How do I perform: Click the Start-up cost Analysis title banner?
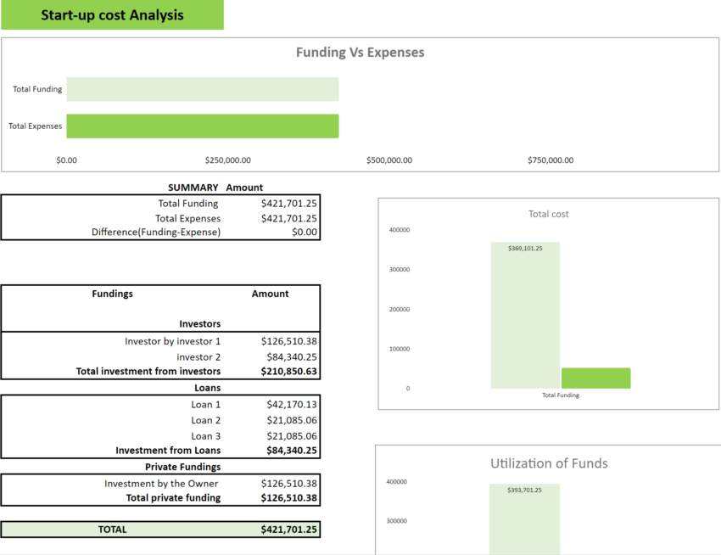tap(112, 15)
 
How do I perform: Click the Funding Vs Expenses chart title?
tap(360, 53)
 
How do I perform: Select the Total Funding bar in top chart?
tap(202, 89)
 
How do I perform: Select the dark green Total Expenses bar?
tap(202, 126)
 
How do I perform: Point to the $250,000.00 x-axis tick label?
tap(228, 160)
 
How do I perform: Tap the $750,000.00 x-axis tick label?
tap(550, 160)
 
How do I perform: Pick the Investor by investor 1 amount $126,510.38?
tap(289, 340)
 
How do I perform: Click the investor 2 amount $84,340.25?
tap(289, 357)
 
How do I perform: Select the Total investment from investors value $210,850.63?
tap(289, 372)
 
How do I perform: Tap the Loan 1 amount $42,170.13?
tap(289, 405)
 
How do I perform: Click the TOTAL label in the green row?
tap(112, 530)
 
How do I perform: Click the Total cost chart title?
tap(548, 214)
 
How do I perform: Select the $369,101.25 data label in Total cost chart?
tap(525, 248)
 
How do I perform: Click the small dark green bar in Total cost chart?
tap(595, 378)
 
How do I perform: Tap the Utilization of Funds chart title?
tap(549, 463)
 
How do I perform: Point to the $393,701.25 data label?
tap(524, 490)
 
